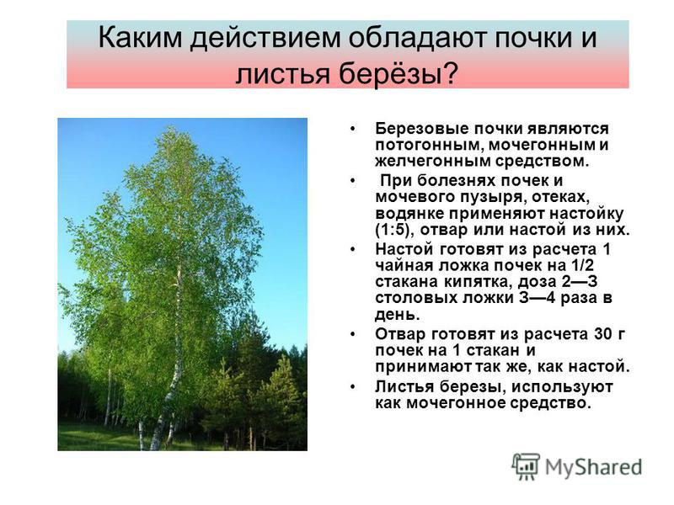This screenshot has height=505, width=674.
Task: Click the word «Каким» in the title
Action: tap(141, 38)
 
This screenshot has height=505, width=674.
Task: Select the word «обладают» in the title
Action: tap(416, 38)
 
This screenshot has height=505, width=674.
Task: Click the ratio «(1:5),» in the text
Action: tap(394, 230)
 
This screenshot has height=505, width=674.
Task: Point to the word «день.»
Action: tap(397, 315)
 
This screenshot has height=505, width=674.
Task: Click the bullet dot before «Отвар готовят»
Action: tap(353, 334)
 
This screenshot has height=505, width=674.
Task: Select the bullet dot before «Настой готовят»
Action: tap(353, 249)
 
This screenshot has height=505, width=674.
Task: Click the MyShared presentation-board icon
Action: tap(525, 466)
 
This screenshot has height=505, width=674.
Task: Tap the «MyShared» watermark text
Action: tap(594, 467)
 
